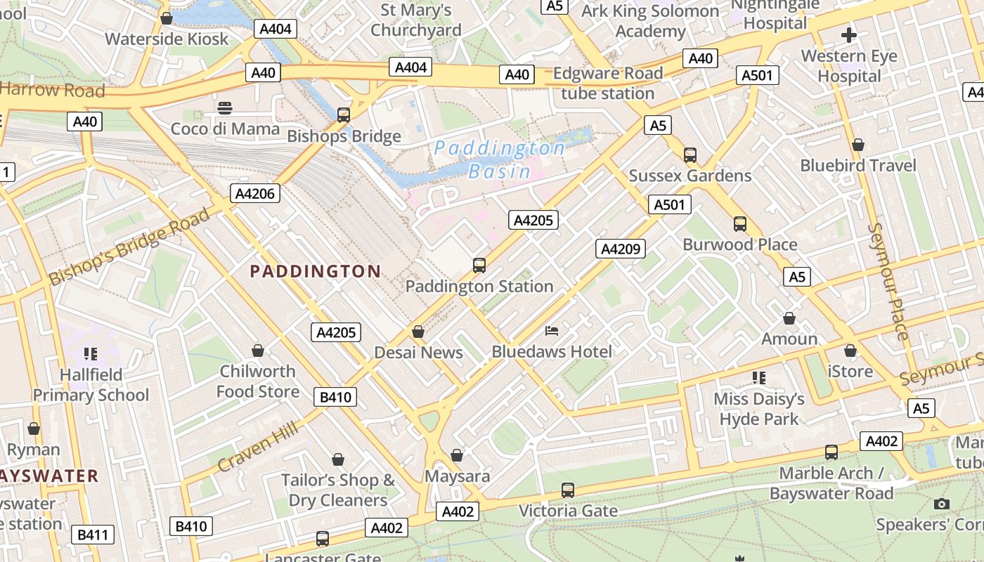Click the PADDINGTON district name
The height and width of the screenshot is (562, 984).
[316, 271]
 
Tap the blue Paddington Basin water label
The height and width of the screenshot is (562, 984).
[499, 159]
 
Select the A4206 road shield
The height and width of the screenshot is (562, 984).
[256, 193]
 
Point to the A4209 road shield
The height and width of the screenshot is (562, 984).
[620, 248]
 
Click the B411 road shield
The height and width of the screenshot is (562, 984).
[92, 535]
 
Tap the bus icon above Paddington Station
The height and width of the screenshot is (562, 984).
[479, 265]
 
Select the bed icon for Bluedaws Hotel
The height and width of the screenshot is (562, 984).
[552, 330]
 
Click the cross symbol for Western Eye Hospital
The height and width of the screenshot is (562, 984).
[849, 34]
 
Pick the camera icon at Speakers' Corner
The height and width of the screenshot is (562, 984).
[942, 504]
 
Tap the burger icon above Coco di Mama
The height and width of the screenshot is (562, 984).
[225, 108]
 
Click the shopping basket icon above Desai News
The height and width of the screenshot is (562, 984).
[418, 332]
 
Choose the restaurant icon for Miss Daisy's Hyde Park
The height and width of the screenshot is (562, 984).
[758, 378]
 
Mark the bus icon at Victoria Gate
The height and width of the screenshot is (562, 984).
[568, 490]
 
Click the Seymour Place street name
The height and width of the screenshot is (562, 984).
[888, 281]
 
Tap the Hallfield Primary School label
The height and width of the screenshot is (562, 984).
[91, 384]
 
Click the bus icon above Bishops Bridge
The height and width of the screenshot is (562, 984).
[344, 115]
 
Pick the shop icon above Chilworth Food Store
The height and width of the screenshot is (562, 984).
[258, 351]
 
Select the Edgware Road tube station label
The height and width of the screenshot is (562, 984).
[608, 83]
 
